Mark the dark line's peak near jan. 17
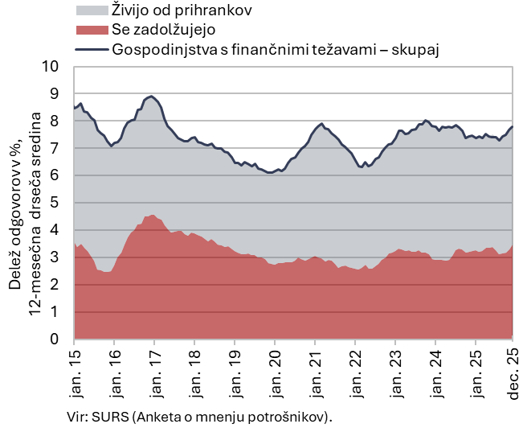pos(152,96)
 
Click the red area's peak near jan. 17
pos(152,215)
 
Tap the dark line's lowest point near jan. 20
pos(270,172)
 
